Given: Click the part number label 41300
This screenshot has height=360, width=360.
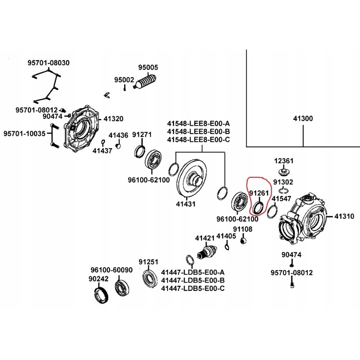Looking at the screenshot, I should tap(303, 119).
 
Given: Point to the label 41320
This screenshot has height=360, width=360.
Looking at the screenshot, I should tap(113, 119).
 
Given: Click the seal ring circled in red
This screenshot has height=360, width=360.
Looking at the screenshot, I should tap(258, 207).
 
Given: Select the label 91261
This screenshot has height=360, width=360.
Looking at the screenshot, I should tap(259, 193).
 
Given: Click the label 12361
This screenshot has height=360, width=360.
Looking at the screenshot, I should tap(283, 161).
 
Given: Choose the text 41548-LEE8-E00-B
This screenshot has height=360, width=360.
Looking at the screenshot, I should tap(198, 131).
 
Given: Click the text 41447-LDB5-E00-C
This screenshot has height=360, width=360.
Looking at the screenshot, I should tap(193, 288).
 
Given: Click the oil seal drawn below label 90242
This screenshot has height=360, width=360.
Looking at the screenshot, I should tap(101, 295).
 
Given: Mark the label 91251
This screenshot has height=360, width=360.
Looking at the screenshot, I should tap(148, 262).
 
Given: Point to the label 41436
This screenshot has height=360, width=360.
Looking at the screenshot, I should tap(118, 135).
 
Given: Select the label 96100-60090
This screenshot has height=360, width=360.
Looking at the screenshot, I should tap(112, 270).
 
